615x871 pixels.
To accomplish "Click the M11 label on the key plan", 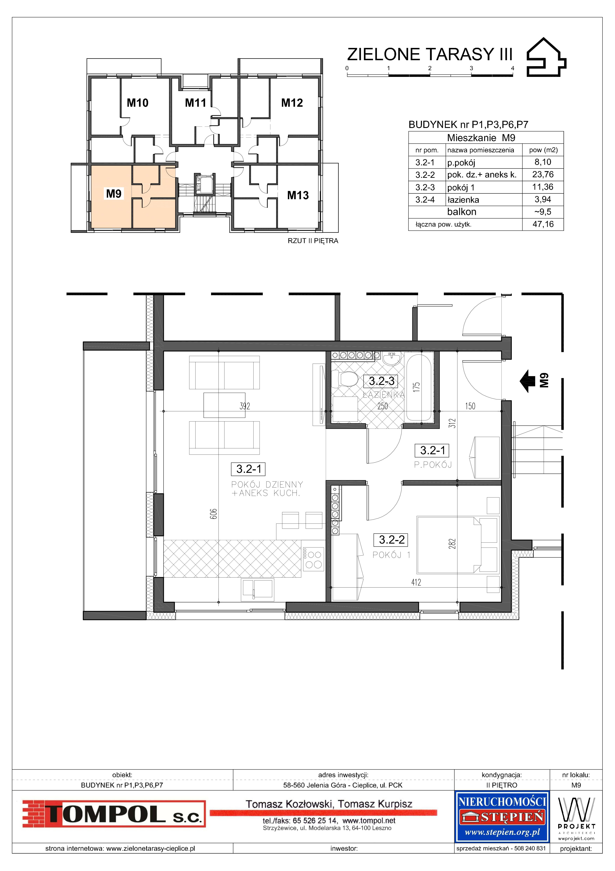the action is point(195,103).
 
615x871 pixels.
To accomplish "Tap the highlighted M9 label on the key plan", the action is point(114,194).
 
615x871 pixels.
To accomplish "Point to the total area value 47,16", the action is point(543,224).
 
